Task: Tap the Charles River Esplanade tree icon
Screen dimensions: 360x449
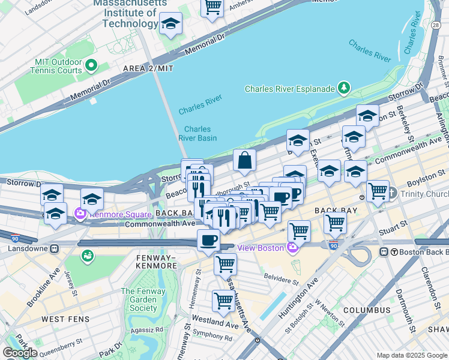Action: click(x=344, y=89)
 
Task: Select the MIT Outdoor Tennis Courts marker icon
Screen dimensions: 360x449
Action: click(x=91, y=65)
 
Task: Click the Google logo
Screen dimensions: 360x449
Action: click(x=20, y=353)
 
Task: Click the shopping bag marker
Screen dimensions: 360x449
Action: click(x=244, y=161)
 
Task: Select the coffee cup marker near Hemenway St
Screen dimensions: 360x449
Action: click(x=208, y=241)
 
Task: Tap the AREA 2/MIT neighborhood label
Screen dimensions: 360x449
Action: click(x=148, y=68)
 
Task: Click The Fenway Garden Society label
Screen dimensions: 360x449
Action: click(x=139, y=300)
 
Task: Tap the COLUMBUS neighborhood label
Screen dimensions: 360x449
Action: click(x=367, y=310)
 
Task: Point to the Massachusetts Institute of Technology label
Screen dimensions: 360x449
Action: click(x=130, y=13)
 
